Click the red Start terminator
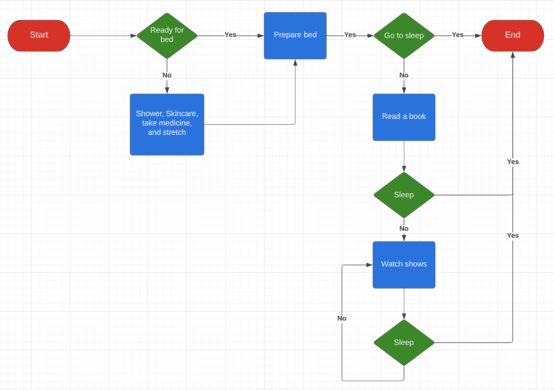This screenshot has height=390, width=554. [x=39, y=35]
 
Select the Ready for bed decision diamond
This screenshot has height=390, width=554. [x=167, y=35]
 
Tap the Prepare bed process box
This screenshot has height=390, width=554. [x=295, y=35]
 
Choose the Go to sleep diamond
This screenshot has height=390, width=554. [x=404, y=35]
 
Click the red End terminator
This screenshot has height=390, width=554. [x=512, y=35]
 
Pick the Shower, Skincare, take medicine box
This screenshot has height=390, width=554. [x=167, y=124]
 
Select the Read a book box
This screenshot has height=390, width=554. [x=404, y=117]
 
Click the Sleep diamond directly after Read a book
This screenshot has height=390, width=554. [x=404, y=195]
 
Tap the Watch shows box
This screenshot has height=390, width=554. [x=404, y=265]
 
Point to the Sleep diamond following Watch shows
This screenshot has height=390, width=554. [x=404, y=342]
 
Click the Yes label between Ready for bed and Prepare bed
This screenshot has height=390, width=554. [x=230, y=35]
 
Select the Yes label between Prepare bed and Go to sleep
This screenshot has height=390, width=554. [x=350, y=35]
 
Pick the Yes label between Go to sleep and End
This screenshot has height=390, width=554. [x=458, y=35]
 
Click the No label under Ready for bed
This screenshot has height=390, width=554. [x=167, y=75]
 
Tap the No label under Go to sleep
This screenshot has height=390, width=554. [x=404, y=75]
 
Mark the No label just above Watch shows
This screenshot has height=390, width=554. [x=404, y=229]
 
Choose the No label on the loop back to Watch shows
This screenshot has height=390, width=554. [x=342, y=319]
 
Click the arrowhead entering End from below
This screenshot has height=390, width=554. [x=513, y=55]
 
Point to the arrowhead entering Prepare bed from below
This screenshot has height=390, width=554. [x=295, y=63]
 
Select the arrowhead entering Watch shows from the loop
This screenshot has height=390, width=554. [x=369, y=265]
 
